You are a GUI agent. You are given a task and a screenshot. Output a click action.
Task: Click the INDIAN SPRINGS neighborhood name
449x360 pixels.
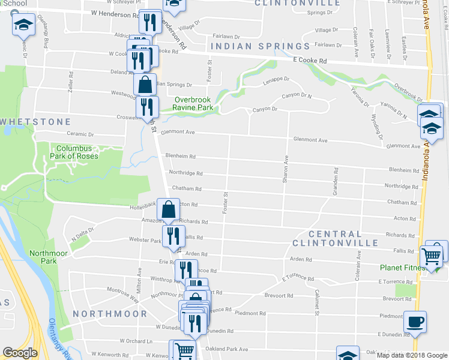[260, 46]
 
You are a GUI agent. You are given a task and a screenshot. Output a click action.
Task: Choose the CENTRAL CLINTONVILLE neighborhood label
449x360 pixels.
[335, 238]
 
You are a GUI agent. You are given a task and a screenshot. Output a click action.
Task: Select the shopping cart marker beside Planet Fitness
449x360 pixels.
[432, 256]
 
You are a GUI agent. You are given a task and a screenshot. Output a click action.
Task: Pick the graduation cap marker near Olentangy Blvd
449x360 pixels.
[23, 25]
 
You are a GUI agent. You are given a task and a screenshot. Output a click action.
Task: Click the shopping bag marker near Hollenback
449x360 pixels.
[169, 209]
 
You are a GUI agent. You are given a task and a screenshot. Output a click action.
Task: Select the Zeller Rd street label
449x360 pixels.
[71, 81]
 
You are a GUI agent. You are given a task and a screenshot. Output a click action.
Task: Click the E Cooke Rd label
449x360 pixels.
[310, 61]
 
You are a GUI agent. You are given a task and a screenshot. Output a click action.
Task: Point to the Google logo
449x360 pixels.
[20, 353]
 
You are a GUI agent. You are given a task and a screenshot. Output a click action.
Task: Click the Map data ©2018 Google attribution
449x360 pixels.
[411, 355]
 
